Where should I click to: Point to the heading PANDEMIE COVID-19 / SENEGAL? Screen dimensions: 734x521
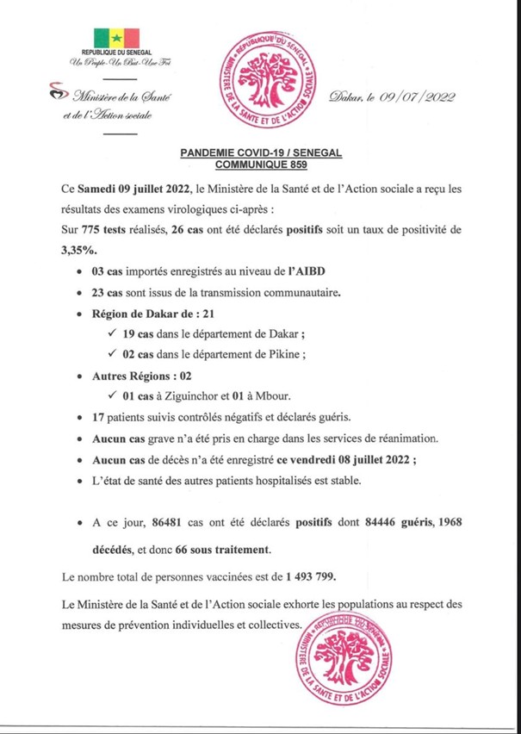(x=262, y=151)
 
